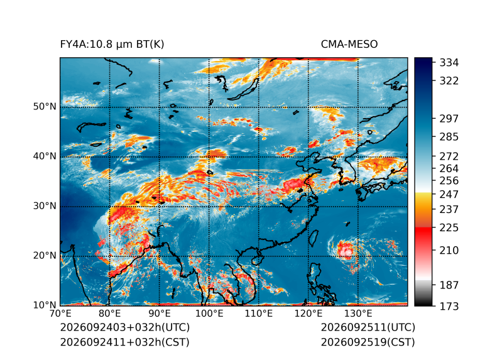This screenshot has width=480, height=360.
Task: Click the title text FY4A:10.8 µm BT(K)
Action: click(x=112, y=45)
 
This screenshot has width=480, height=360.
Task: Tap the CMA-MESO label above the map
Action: click(x=349, y=45)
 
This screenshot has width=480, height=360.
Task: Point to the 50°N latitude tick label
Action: click(x=45, y=107)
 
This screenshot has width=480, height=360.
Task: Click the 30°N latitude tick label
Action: click(x=45, y=206)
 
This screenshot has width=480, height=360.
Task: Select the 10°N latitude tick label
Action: click(x=45, y=305)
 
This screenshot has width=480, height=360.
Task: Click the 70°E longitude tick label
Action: click(x=60, y=314)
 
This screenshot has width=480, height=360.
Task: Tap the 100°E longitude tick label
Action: click(x=209, y=314)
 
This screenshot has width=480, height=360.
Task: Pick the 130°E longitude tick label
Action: click(x=358, y=314)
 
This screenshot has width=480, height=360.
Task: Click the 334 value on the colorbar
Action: click(x=449, y=63)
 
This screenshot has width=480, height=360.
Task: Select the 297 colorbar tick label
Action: click(x=449, y=119)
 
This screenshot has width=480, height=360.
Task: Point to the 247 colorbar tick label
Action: click(x=449, y=194)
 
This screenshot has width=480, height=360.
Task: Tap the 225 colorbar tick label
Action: click(x=449, y=228)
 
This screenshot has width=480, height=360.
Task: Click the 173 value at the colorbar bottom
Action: click(x=449, y=306)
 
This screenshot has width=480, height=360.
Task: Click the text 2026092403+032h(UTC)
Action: click(x=125, y=327)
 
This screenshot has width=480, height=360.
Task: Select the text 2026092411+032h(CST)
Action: click(x=125, y=342)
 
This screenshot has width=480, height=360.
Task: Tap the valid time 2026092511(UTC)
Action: click(x=368, y=327)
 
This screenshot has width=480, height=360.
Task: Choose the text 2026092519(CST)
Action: click(x=368, y=342)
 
